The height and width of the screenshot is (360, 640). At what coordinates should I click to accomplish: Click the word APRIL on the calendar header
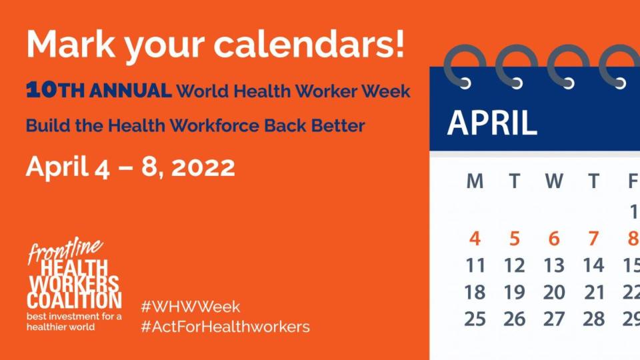click(x=492, y=123)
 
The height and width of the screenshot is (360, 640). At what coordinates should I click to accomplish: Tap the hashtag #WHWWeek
click(x=191, y=307)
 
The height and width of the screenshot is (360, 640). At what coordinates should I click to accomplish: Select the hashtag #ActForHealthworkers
click(x=225, y=327)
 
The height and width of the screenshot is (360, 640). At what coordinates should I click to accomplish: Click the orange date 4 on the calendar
click(x=475, y=239)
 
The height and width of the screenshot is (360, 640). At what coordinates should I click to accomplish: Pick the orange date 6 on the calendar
click(x=554, y=239)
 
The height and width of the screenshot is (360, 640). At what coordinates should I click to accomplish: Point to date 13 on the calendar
click(x=554, y=265)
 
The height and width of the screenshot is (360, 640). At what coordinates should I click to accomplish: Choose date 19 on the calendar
click(x=514, y=292)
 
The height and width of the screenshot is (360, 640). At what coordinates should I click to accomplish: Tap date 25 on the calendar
click(x=475, y=319)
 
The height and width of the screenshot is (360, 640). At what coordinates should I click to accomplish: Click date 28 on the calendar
click(x=593, y=319)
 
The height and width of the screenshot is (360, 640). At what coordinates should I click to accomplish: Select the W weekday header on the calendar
click(x=554, y=181)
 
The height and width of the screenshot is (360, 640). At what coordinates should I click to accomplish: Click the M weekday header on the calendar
click(x=475, y=181)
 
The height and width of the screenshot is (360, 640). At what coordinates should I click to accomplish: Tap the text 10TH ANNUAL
click(x=99, y=91)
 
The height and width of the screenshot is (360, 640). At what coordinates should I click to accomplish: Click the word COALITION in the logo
click(x=74, y=299)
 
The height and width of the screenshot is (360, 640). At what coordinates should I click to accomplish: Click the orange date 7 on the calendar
click(x=593, y=239)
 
